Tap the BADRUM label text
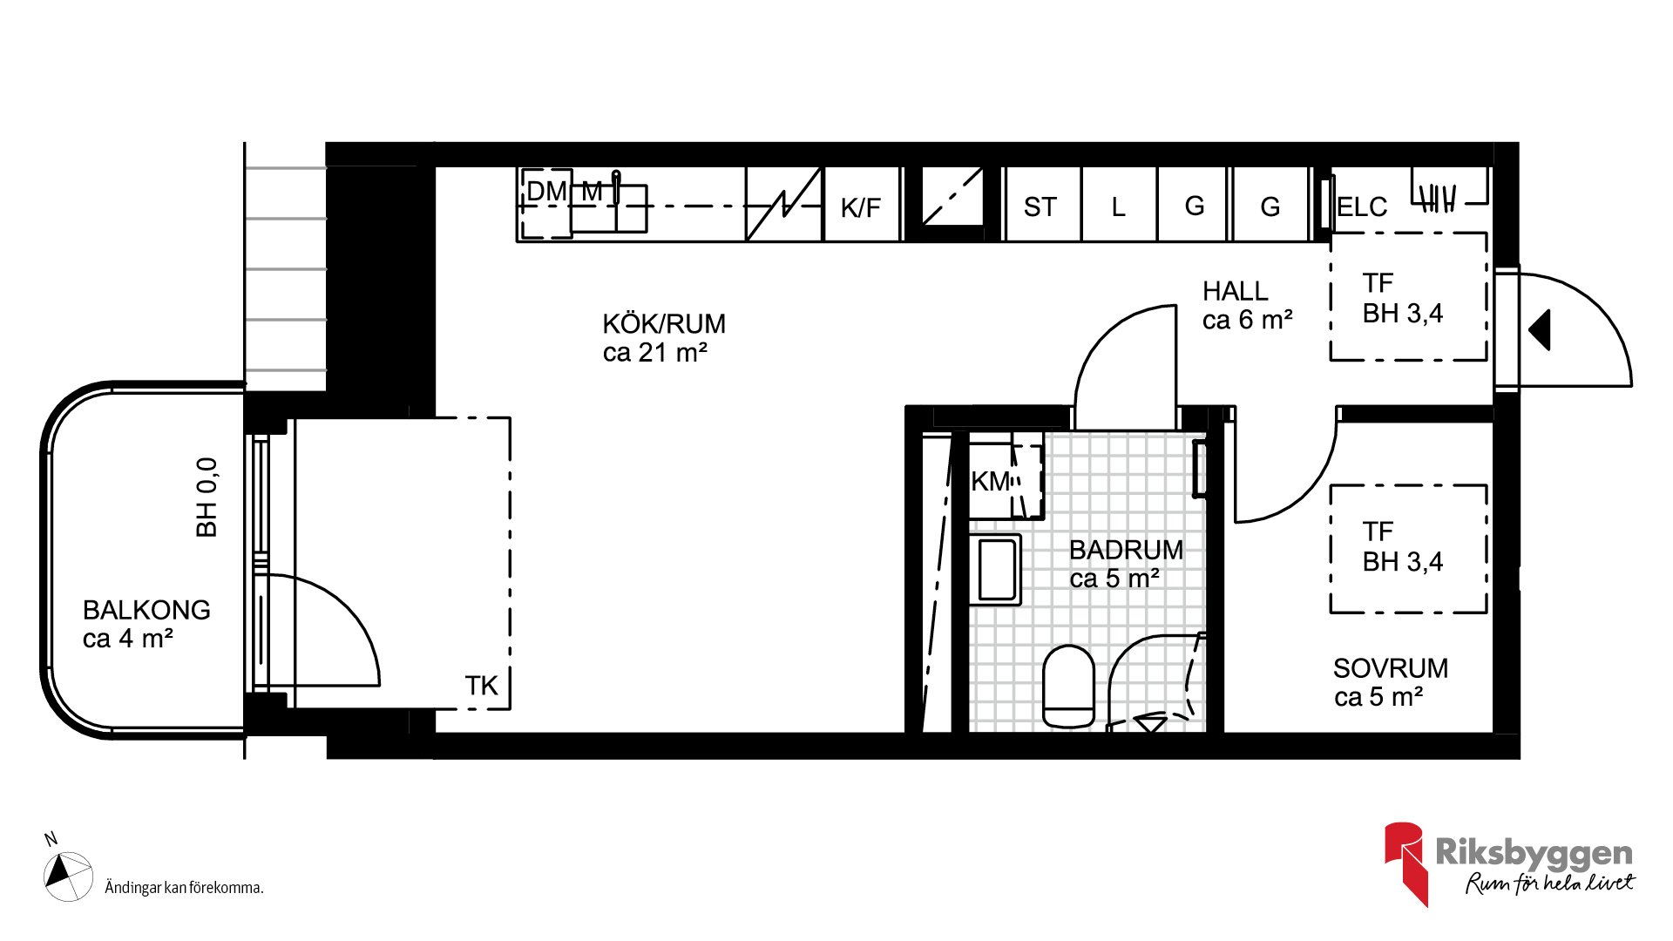click(1126, 550)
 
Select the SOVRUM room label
click(1391, 668)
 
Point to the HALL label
click(1235, 291)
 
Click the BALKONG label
click(146, 610)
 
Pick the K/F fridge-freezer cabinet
click(861, 205)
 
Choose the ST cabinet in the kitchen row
click(1042, 205)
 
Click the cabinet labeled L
click(1119, 205)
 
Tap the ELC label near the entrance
click(1362, 207)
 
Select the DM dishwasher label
click(546, 191)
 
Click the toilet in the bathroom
click(1068, 687)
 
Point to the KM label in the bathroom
click(990, 481)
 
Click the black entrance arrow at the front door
click(1540, 330)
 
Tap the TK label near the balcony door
click(481, 686)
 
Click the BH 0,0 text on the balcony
click(207, 498)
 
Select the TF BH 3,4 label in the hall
click(1402, 298)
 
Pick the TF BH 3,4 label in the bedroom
click(1402, 546)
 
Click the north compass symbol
click(68, 875)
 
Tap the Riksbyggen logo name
click(1534, 852)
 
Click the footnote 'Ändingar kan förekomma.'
click(184, 888)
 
